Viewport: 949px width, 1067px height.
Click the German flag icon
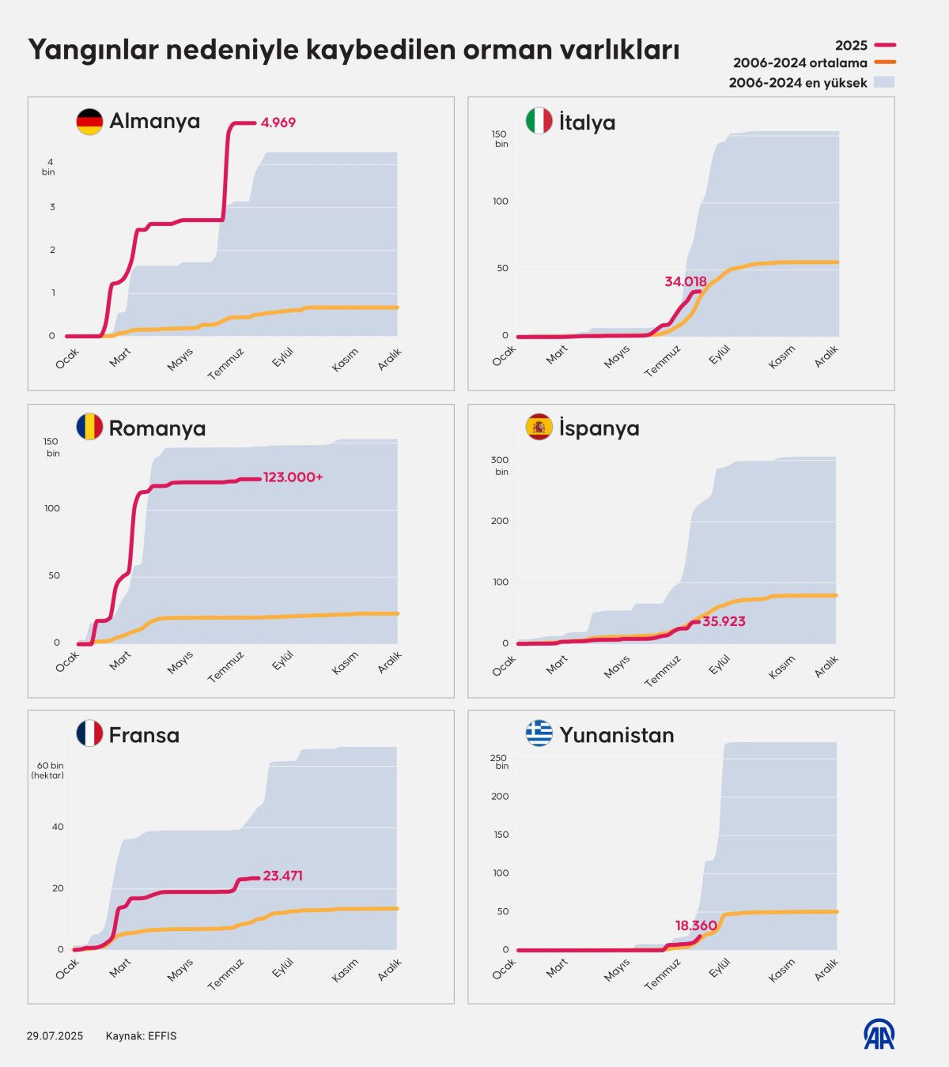[x=89, y=122]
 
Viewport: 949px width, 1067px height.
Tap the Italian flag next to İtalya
[x=539, y=121]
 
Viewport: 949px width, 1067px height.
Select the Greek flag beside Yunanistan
[x=539, y=733]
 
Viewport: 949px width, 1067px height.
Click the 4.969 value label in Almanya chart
[x=278, y=123]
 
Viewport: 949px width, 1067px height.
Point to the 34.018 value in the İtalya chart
[x=686, y=281]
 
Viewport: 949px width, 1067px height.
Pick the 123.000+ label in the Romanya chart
[x=293, y=477]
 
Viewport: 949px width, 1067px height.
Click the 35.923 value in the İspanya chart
[x=724, y=621]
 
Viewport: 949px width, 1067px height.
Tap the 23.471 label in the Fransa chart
[x=282, y=876]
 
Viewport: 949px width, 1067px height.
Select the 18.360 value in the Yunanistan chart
[x=696, y=926]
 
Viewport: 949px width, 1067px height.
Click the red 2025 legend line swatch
[x=885, y=46]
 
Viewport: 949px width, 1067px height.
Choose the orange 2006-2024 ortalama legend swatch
[x=885, y=63]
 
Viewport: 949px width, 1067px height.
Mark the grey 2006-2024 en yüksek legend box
[x=884, y=82]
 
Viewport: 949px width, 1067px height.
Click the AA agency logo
[x=879, y=1035]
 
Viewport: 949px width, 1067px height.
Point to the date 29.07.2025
[x=55, y=1036]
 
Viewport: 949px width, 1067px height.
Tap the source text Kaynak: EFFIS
[x=141, y=1036]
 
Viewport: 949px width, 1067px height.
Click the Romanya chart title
[x=157, y=428]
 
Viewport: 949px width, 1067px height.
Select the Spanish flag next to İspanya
[x=539, y=428]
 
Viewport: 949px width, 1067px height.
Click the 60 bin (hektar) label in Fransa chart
[x=47, y=771]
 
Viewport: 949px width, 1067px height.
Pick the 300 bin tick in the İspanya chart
[x=500, y=466]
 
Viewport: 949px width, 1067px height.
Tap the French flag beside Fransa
[x=89, y=733]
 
